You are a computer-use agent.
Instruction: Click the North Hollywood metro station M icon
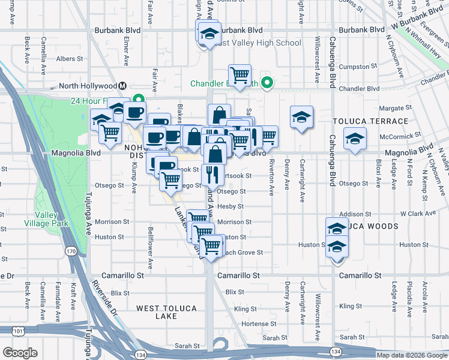[x=123, y=86]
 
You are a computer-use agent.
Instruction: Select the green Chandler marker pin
[x=268, y=83]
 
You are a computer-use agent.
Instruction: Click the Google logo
[x=20, y=353]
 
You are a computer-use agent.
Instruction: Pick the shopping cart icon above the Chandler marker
[x=240, y=75]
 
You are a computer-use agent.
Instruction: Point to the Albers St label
[x=70, y=59]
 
